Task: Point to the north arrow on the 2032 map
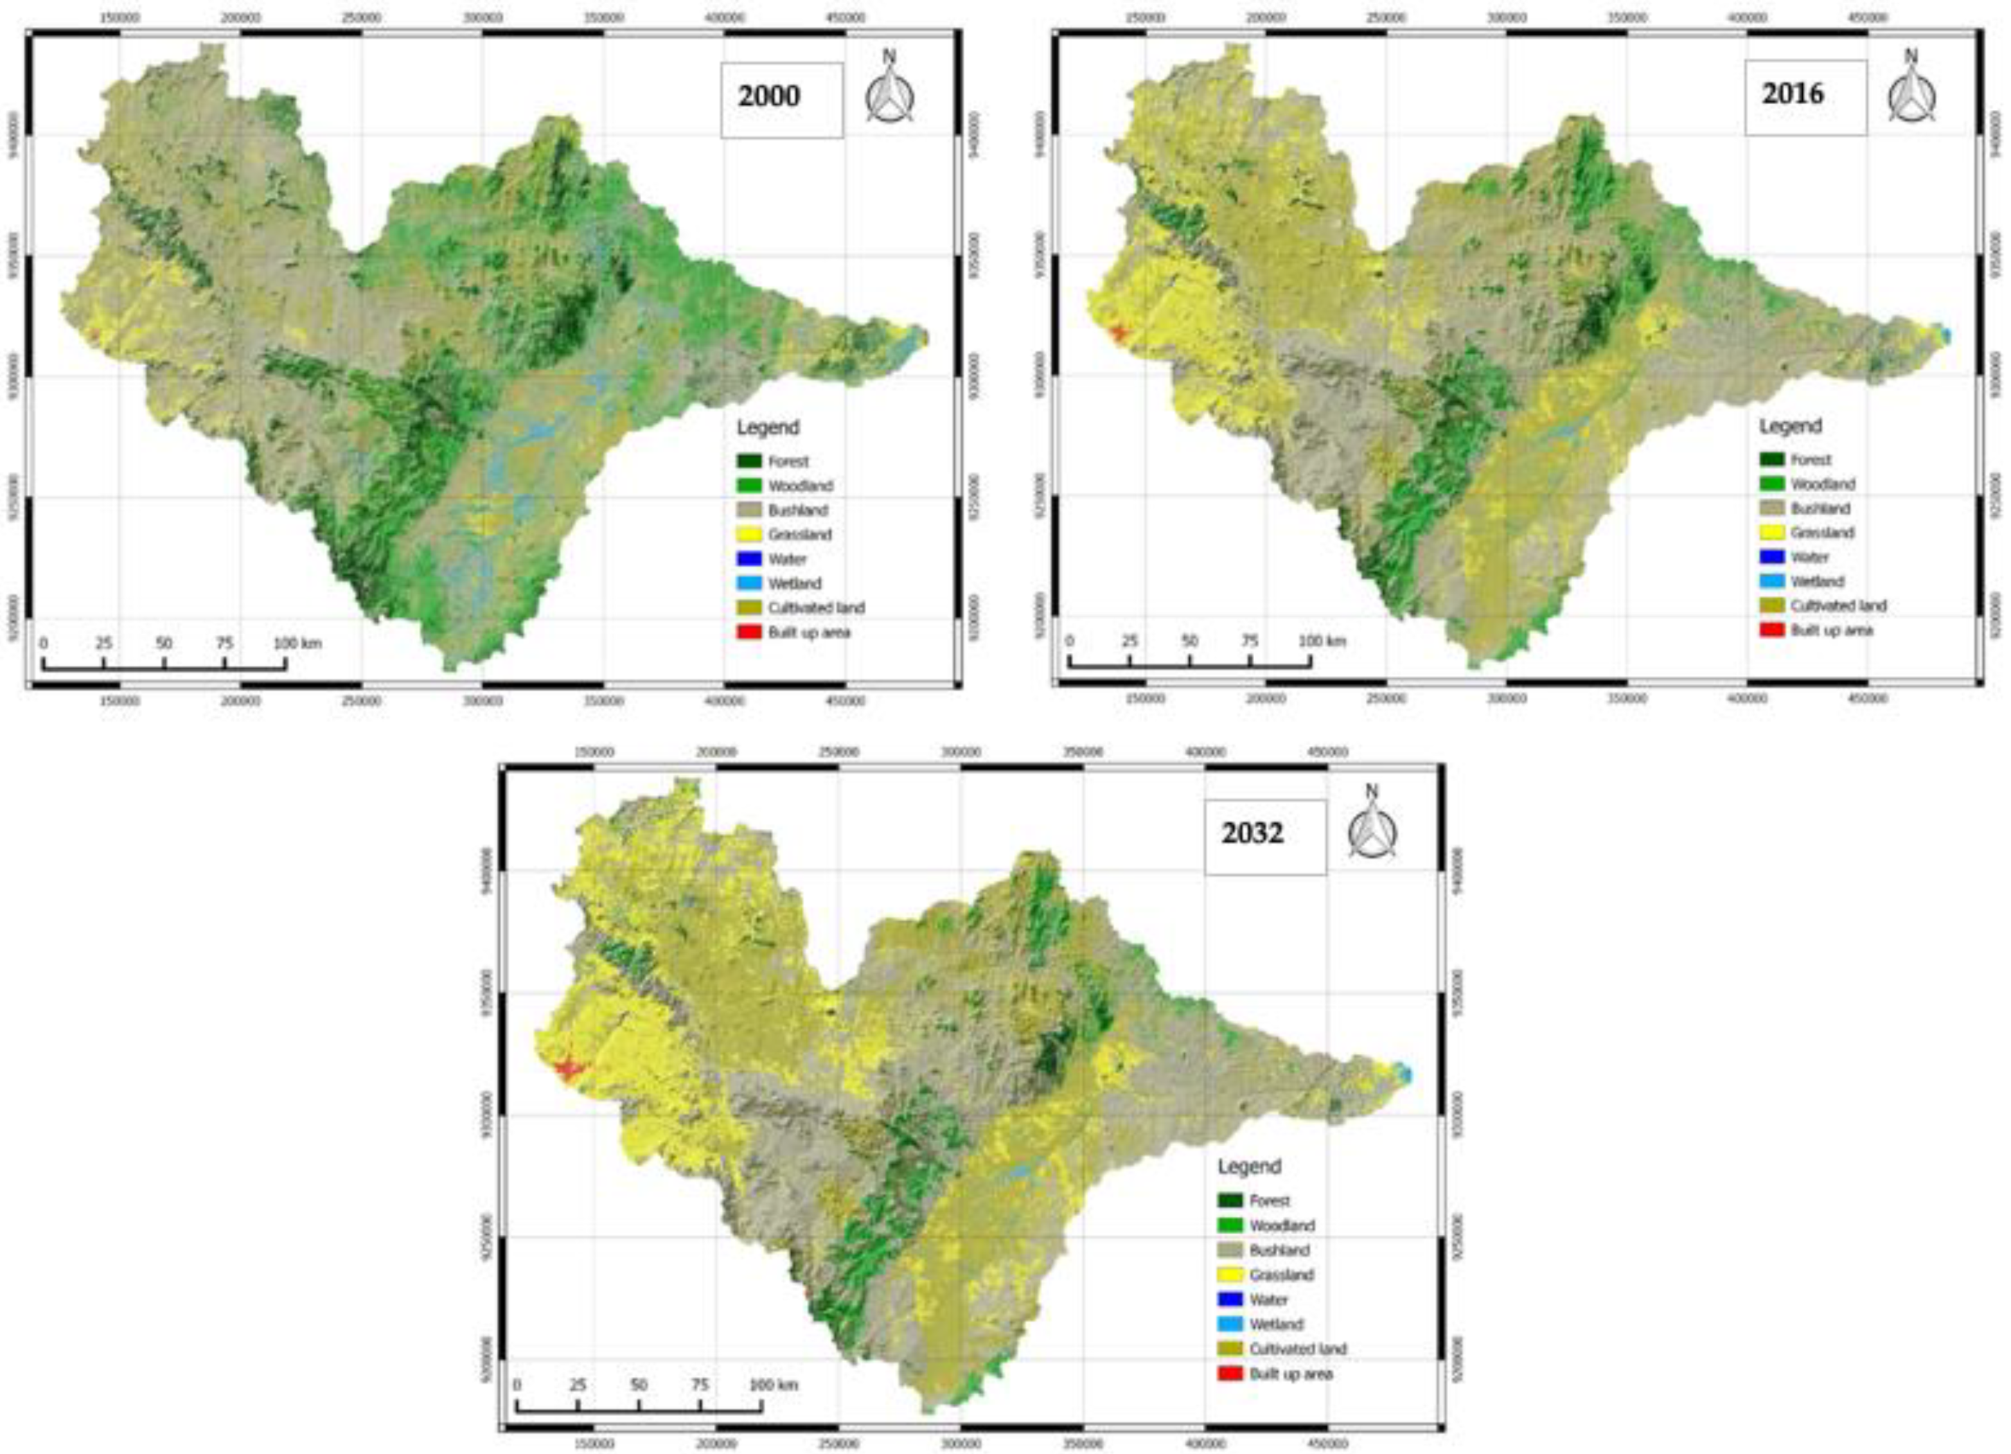[x=1372, y=824]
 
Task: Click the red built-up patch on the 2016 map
[x=1115, y=332]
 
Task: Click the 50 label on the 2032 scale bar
[x=639, y=1384]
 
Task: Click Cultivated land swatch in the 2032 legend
[x=1230, y=1349]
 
